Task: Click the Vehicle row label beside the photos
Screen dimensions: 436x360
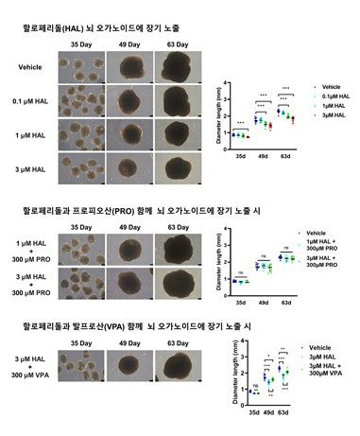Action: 31,67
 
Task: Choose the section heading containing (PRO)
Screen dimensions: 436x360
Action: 132,207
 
